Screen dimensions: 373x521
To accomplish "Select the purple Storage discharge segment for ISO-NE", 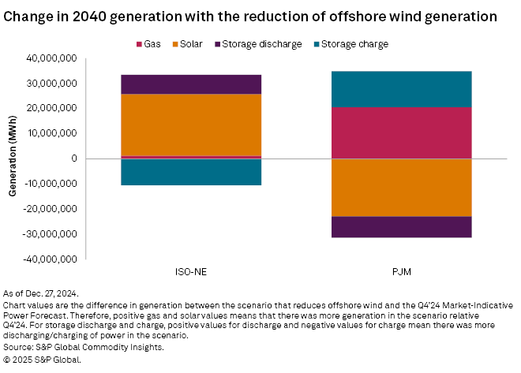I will [190, 84].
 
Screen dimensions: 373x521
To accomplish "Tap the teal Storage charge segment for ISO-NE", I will [190, 173].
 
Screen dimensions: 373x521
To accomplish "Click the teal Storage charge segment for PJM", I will [403, 88].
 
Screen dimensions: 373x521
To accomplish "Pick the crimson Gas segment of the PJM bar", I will [403, 132].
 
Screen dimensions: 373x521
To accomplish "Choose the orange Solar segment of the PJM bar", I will [403, 187].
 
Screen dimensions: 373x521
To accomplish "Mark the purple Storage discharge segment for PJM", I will [403, 226].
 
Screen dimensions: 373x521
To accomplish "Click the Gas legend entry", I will [149, 43].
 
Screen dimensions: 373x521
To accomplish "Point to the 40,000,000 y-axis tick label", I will [51, 58].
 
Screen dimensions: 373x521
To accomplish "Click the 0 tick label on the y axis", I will [73, 159].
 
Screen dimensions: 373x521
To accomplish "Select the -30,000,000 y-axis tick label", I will [49, 234].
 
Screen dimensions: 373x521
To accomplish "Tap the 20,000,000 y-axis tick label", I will [51, 108].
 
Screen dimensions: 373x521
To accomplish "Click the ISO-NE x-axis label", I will [190, 272].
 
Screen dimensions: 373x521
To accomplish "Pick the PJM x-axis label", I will [403, 272].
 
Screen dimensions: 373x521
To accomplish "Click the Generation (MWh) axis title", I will [13, 159].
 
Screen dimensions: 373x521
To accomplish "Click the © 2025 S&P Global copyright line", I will [43, 359].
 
